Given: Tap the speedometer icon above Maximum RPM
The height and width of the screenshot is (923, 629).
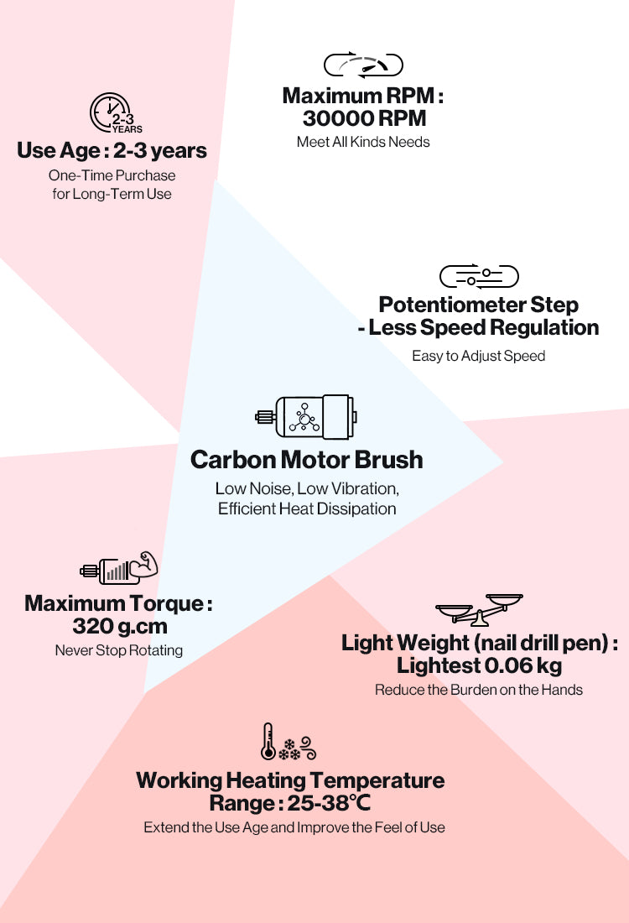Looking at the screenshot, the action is tap(364, 65).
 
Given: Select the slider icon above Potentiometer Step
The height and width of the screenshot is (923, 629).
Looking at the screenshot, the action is tap(479, 276).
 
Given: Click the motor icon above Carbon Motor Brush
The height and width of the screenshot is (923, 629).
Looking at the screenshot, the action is tap(306, 417).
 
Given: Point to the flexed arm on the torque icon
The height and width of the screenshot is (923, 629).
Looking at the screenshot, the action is tap(144, 564).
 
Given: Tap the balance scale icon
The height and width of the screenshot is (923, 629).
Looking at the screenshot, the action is tap(479, 609).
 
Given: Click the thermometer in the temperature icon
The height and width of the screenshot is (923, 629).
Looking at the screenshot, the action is tap(268, 741).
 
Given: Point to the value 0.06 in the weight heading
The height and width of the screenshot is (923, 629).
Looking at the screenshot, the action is tap(508, 665).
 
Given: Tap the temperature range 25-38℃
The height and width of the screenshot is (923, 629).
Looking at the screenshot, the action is tap(329, 803).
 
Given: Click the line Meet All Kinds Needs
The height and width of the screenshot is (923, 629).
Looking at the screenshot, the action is tap(363, 142).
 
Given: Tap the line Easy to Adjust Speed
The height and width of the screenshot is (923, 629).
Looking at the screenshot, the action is tap(478, 356).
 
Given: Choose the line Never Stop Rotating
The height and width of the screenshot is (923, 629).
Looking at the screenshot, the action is tap(119, 650).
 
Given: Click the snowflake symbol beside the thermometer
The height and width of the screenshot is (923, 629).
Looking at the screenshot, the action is tap(289, 749).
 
